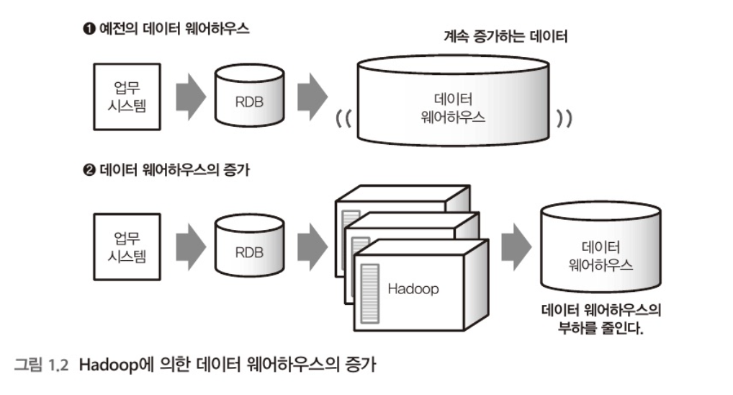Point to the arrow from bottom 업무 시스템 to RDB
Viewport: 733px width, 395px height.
tap(189, 246)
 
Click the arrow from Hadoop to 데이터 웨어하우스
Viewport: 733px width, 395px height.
tap(516, 246)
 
